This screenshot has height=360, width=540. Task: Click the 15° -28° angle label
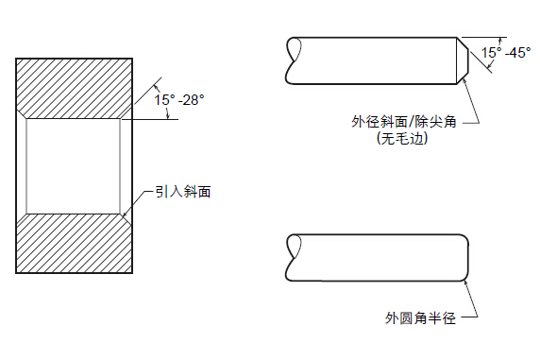coord(178,97)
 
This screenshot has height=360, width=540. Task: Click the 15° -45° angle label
coord(506,53)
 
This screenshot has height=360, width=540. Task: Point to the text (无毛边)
coord(403,139)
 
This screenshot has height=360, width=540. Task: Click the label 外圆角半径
coord(421,318)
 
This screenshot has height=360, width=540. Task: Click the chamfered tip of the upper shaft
coord(463,59)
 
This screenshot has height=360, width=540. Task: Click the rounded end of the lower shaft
coord(466,257)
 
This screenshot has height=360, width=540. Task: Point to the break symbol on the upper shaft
coord(294,59)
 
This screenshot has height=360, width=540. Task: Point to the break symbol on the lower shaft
coord(294,257)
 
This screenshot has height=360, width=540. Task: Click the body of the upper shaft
coord(378,59)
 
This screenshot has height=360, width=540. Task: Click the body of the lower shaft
coord(378,257)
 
